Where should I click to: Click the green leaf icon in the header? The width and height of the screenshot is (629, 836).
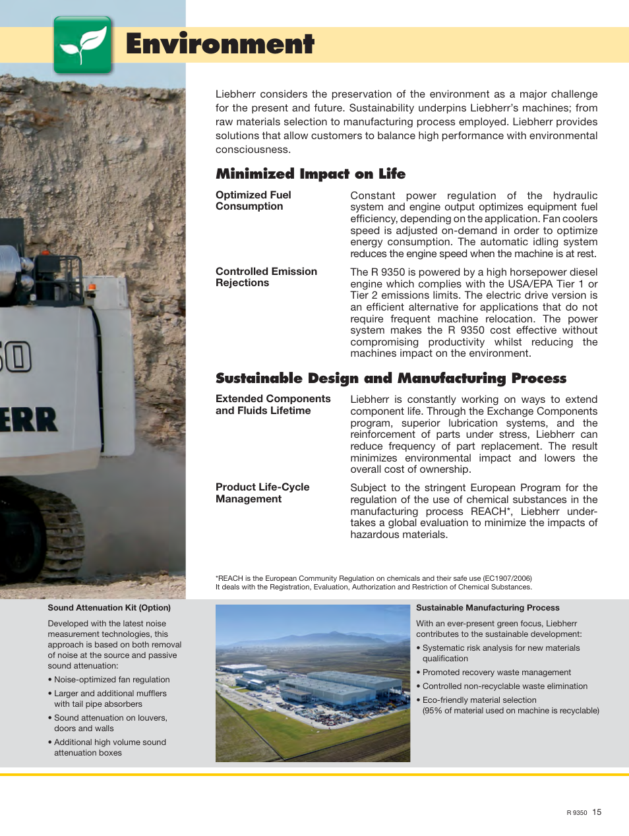(x=83, y=45)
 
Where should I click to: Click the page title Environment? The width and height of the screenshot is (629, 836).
(x=220, y=44)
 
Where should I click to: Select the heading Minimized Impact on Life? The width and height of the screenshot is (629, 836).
(x=311, y=174)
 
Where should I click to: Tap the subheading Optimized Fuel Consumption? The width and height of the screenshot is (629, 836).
(x=253, y=200)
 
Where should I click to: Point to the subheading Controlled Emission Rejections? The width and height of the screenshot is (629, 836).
(x=266, y=277)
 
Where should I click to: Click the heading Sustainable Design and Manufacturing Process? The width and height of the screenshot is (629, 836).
(x=391, y=378)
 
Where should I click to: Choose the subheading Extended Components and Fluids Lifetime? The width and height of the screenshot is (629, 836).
(x=273, y=404)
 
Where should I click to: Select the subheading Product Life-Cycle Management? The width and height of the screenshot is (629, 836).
(x=262, y=493)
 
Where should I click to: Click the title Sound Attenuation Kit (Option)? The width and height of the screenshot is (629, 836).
(x=109, y=608)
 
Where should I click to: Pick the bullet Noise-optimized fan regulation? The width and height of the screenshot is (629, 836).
(x=111, y=680)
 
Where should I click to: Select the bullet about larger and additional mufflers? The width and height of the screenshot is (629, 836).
(x=110, y=699)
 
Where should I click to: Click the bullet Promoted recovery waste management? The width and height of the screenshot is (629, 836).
(x=496, y=672)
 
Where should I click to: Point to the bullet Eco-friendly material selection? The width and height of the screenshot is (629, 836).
(x=479, y=700)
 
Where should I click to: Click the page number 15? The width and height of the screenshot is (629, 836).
(x=597, y=812)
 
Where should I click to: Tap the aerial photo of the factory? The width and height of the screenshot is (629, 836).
(x=313, y=683)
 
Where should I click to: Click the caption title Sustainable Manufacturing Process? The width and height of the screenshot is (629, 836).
(x=487, y=608)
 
